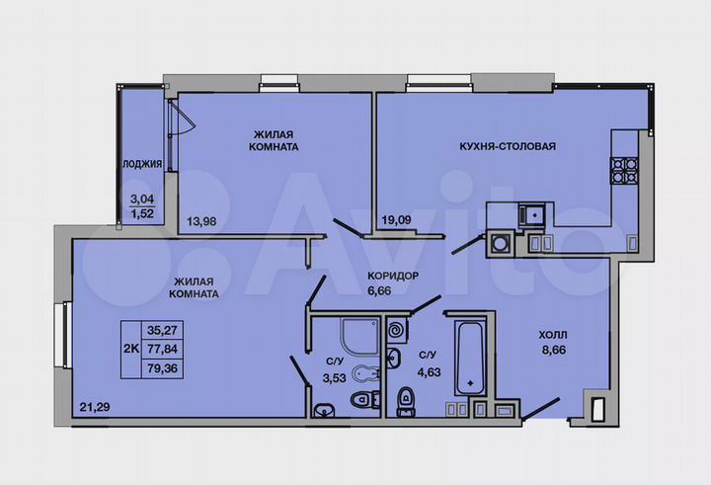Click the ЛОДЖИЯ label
click(x=141, y=164)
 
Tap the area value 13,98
click(x=203, y=221)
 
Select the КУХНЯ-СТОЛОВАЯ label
click(x=508, y=146)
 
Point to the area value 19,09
click(x=395, y=221)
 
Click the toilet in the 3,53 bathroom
click(x=361, y=400)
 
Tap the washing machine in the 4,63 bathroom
click(x=397, y=330)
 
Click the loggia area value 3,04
click(x=142, y=198)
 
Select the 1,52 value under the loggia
click(x=142, y=210)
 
